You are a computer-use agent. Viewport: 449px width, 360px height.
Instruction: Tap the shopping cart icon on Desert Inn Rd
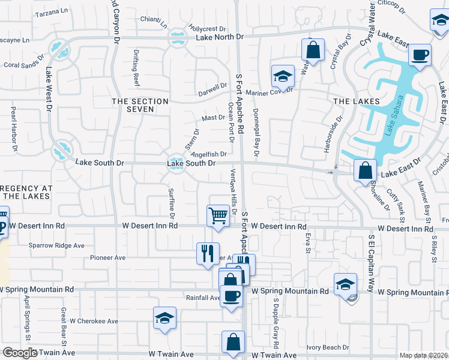coord(218,215)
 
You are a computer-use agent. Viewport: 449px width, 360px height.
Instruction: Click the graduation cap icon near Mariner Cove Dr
coord(283,76)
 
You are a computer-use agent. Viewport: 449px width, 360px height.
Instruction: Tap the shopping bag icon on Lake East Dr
coord(365,171)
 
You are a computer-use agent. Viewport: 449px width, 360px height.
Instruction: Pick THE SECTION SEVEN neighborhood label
coord(140,105)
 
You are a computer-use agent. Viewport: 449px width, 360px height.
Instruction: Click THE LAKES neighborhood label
coord(357,101)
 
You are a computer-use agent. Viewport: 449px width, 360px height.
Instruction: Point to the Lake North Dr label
coord(220,37)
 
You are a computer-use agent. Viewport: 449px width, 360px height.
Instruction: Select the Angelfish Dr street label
coord(208,154)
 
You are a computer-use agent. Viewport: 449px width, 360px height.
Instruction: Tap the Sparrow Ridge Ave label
coord(56,245)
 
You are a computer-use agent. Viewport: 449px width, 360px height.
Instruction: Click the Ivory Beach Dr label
coord(328,347)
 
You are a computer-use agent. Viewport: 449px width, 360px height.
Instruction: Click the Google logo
coord(20,353)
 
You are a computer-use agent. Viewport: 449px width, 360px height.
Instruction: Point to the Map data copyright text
coord(423,355)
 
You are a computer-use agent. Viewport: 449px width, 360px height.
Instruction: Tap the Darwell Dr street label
coord(213,94)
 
